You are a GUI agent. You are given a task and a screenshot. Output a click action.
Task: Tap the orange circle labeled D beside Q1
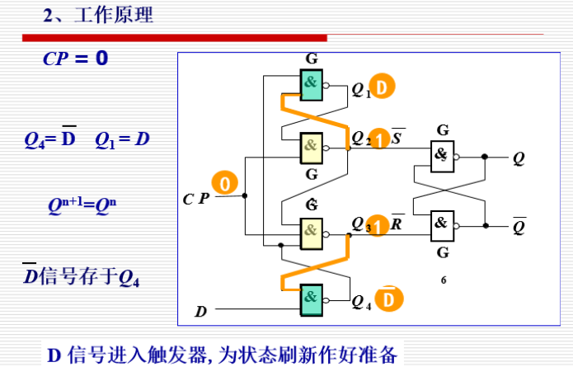point(382,87)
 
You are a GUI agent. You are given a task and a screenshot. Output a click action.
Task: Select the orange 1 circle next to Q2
point(378,139)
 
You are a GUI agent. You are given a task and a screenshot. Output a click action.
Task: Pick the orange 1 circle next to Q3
point(378,225)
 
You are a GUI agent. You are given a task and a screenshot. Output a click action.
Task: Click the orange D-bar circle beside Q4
point(389,298)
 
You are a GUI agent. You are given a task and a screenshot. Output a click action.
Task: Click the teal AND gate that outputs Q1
point(312,84)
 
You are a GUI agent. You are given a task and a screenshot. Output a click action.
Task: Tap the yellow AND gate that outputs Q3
point(312,231)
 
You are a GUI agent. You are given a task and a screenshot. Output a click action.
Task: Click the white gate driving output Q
point(442,155)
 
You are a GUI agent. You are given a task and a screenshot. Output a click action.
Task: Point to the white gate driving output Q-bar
point(442,223)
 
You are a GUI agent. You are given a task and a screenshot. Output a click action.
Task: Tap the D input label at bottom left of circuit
point(200,312)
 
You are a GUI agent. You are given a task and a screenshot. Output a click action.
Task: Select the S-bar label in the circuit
point(397,137)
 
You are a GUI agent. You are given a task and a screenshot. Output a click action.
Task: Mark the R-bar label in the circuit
point(397,223)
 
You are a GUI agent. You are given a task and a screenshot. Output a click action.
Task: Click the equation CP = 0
point(75,60)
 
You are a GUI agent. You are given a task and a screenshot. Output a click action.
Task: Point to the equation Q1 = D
point(122,139)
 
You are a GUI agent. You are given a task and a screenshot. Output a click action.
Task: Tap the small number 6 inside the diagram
point(444,280)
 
